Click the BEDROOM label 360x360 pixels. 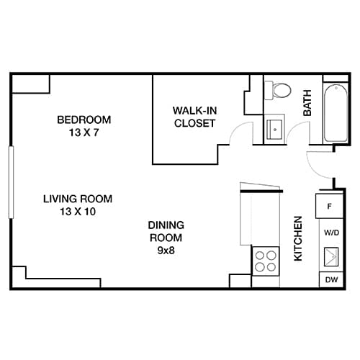(x=84, y=119)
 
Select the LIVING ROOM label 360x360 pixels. (x=78, y=199)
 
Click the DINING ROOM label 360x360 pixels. (x=166, y=230)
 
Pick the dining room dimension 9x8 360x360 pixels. (x=166, y=251)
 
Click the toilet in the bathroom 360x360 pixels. (x=280, y=91)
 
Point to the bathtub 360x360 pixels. (x=335, y=114)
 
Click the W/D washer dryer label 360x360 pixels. (x=330, y=233)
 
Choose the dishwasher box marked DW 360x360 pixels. (x=330, y=279)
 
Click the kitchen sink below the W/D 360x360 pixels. (x=330, y=256)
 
